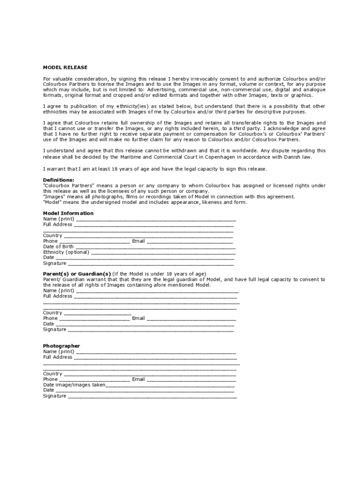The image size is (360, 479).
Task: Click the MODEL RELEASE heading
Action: click(65, 67)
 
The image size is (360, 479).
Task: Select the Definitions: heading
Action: click(58, 180)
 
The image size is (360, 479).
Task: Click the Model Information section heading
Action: click(68, 213)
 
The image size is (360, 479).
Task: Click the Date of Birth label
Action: click(58, 247)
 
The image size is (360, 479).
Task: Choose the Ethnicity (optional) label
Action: click(66, 252)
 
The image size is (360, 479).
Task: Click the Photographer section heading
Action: click(61, 346)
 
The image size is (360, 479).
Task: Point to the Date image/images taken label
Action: click(74, 385)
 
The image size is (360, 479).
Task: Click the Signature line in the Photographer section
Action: click(152, 396)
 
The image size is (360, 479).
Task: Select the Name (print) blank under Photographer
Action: click(156, 352)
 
